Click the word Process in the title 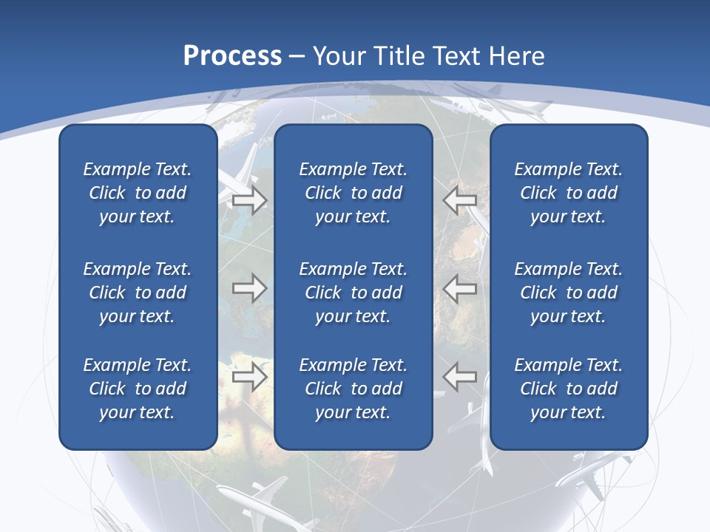pyautogui.click(x=232, y=56)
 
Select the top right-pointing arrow pyautogui.click(x=249, y=199)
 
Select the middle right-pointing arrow pyautogui.click(x=249, y=288)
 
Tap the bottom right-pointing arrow pyautogui.click(x=249, y=377)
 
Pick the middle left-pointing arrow pyautogui.click(x=460, y=288)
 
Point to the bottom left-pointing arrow pyautogui.click(x=460, y=377)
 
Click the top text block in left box pyautogui.click(x=138, y=193)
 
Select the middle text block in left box pyautogui.click(x=138, y=293)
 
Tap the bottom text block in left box pyautogui.click(x=138, y=389)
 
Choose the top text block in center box pyautogui.click(x=354, y=193)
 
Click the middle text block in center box pyautogui.click(x=354, y=293)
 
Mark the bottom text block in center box pyautogui.click(x=354, y=389)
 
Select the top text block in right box pyautogui.click(x=569, y=193)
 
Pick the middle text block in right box pyautogui.click(x=569, y=293)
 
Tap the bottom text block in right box pyautogui.click(x=569, y=389)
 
